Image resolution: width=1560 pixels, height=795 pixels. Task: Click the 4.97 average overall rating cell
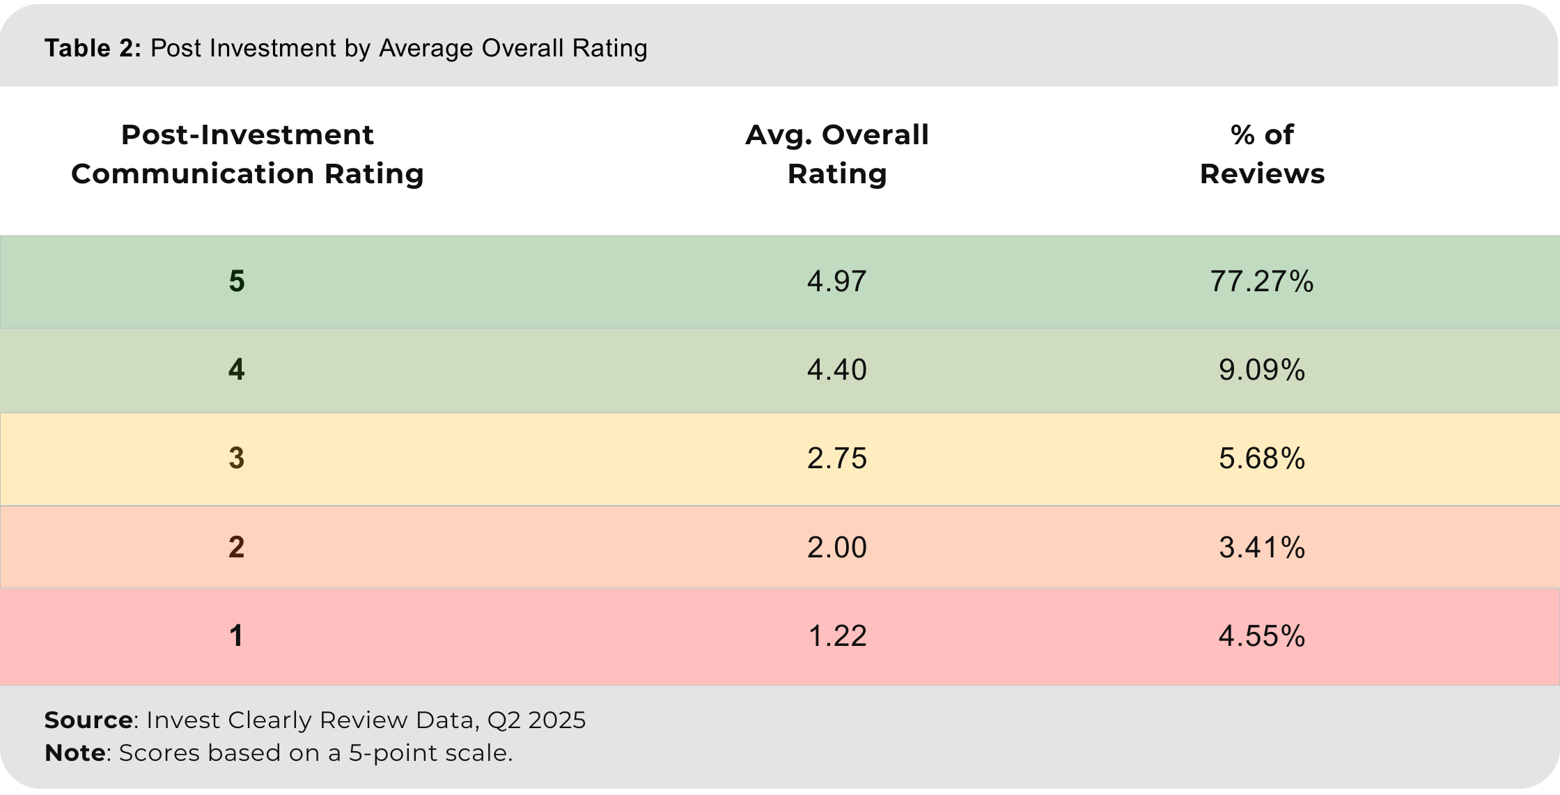pos(836,281)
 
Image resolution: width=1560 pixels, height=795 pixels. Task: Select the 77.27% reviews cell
pos(1261,281)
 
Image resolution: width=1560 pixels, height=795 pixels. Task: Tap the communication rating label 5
pos(237,281)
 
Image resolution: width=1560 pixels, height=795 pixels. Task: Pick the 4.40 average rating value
pos(836,370)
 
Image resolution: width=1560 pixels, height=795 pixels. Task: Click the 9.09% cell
pos(1261,370)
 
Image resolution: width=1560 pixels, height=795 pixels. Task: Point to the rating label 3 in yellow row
pos(237,458)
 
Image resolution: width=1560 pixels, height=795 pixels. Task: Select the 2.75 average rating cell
pos(836,458)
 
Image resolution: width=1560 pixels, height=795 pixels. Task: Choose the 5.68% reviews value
pos(1261,458)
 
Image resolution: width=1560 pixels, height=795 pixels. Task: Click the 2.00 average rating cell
pos(836,548)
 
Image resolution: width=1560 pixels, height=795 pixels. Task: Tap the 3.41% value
pos(1261,548)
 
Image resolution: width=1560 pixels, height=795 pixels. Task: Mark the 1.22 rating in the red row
pos(836,636)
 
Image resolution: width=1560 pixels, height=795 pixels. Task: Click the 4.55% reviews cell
pos(1261,636)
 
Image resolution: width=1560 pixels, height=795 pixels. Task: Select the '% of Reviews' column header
pos(1261,154)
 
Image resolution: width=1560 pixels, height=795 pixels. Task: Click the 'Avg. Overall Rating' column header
pos(836,154)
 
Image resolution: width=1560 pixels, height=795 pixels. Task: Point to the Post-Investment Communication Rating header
pos(247,154)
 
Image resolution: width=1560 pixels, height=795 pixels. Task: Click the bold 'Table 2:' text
pos(93,49)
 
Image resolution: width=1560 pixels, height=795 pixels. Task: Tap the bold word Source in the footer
pos(88,720)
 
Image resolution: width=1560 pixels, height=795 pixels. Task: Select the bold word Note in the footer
pos(75,753)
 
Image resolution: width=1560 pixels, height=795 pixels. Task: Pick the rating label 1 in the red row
pos(237,636)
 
